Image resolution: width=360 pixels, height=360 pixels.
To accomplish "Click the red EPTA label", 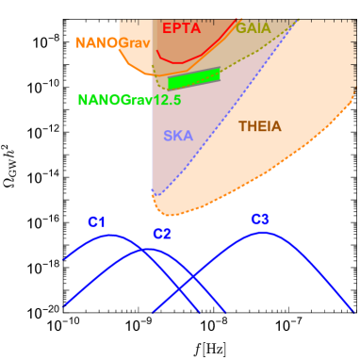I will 181,28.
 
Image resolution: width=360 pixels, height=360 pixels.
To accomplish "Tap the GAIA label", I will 253,29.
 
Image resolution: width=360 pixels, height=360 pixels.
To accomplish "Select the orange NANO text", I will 96,43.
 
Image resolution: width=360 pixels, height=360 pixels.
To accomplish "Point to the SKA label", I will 178,136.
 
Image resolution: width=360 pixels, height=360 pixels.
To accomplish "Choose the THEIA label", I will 259,126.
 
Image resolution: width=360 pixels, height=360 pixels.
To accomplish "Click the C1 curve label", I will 97,222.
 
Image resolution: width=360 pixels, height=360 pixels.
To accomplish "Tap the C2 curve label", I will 162,234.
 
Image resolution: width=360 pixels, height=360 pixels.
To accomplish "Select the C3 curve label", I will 260,220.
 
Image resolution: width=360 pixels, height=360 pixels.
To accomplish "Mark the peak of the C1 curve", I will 111,235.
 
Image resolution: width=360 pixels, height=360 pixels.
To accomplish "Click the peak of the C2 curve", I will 147,250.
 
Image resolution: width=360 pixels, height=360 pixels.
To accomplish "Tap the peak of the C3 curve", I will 264,232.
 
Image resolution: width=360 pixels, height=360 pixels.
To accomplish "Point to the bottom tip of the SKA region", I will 156,194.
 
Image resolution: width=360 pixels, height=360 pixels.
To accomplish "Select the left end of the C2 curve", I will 64,306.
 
